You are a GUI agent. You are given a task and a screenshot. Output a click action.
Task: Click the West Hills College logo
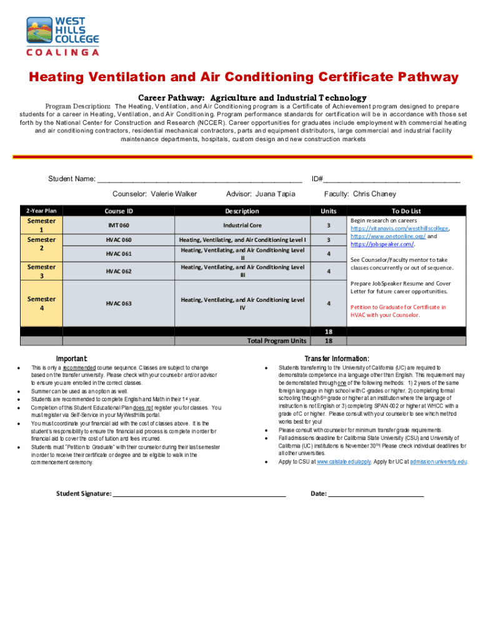click(x=62, y=36)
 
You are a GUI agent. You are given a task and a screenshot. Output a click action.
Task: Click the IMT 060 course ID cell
click(x=118, y=225)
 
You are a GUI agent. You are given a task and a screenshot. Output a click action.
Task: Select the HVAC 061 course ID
click(x=118, y=254)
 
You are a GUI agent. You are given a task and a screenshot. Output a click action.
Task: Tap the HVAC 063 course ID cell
click(x=118, y=304)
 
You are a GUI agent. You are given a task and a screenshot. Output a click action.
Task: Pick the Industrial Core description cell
click(x=242, y=225)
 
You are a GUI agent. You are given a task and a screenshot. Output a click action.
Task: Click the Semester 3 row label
click(x=41, y=271)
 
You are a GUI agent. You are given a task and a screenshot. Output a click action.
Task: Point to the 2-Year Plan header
click(x=41, y=211)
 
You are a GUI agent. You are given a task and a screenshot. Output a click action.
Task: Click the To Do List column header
click(x=406, y=211)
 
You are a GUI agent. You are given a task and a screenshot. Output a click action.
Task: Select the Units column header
click(x=329, y=211)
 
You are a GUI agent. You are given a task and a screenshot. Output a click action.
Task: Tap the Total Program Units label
click(x=277, y=341)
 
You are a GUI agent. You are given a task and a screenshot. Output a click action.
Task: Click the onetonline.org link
click(x=388, y=237)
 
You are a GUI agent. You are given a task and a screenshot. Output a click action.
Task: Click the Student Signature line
click(x=199, y=494)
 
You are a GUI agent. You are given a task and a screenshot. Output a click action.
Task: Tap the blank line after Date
click(x=376, y=494)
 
